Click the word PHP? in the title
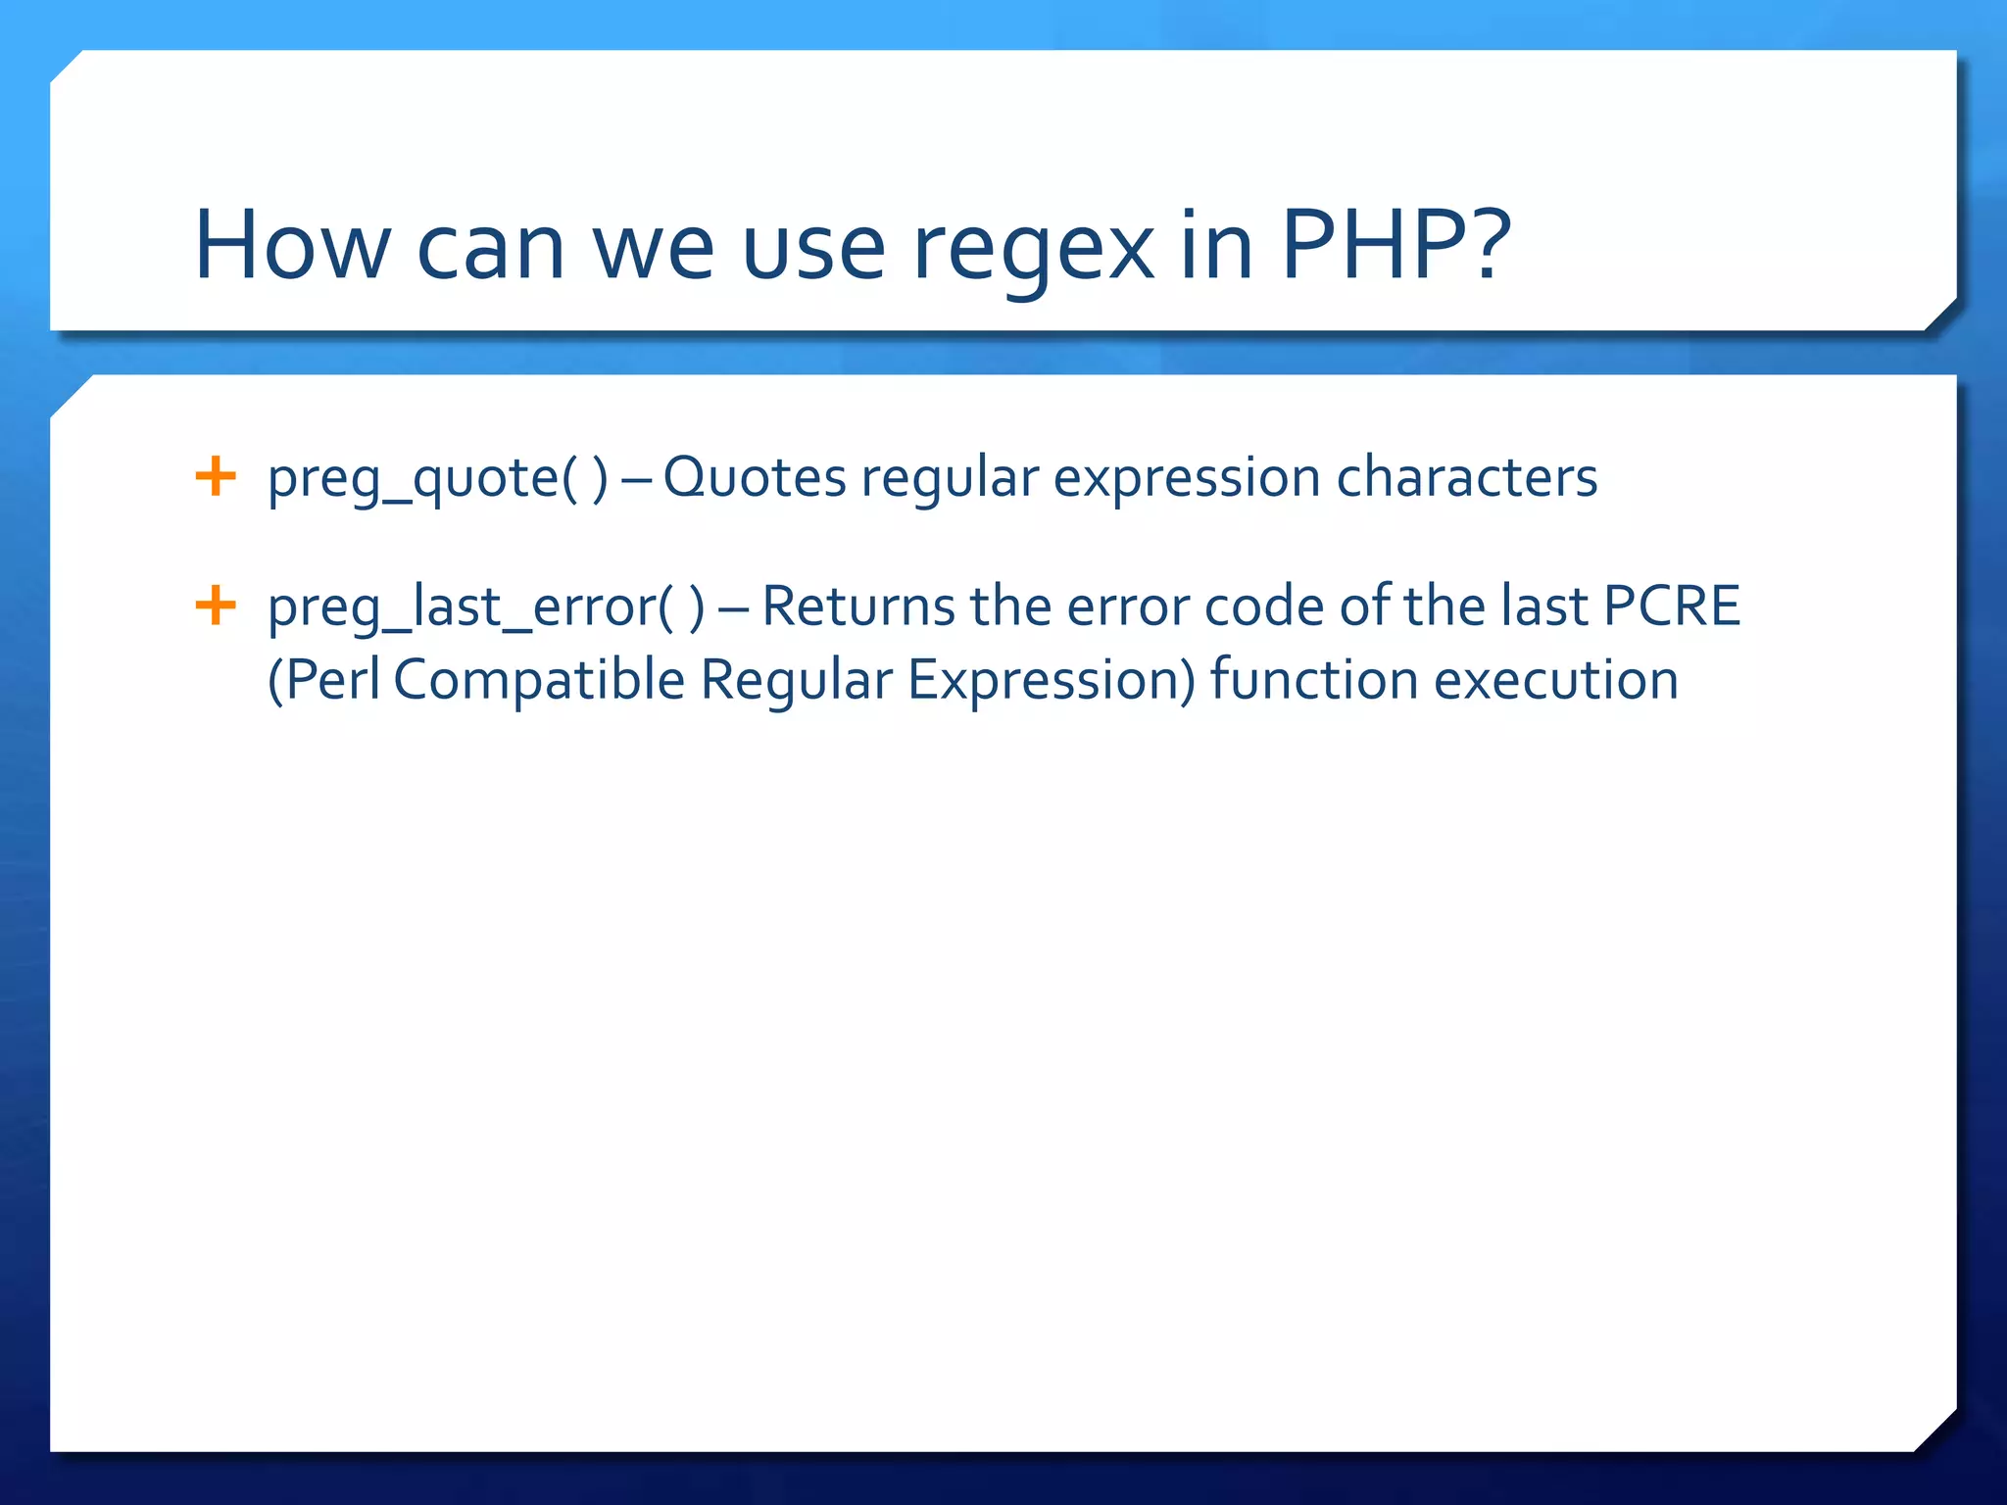point(1395,245)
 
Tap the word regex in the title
point(1033,250)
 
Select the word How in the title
point(291,245)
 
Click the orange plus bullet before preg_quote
point(216,477)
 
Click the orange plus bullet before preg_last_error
point(216,605)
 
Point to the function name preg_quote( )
point(437,479)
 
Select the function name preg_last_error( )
point(485,607)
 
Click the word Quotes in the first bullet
point(754,479)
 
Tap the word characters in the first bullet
point(1466,478)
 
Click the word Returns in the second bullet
point(857,606)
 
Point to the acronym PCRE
point(1671,606)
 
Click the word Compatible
point(538,681)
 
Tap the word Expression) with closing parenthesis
point(1051,681)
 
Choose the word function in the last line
point(1313,680)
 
